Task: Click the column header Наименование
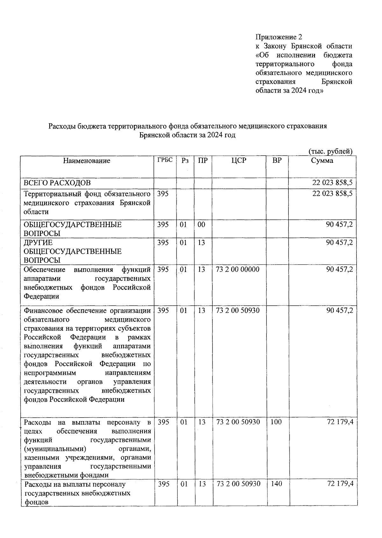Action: point(87,161)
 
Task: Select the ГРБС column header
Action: point(165,160)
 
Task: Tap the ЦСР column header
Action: point(239,161)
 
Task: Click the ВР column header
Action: point(277,161)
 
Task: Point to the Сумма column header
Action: point(322,161)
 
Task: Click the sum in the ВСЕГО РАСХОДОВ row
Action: point(332,183)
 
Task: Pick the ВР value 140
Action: point(276,484)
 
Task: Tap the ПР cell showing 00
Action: point(201,225)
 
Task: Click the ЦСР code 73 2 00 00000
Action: point(237,269)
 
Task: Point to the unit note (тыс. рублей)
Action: point(330,151)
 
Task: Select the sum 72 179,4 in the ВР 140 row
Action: point(340,484)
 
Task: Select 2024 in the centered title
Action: point(215,135)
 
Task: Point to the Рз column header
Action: point(185,161)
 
